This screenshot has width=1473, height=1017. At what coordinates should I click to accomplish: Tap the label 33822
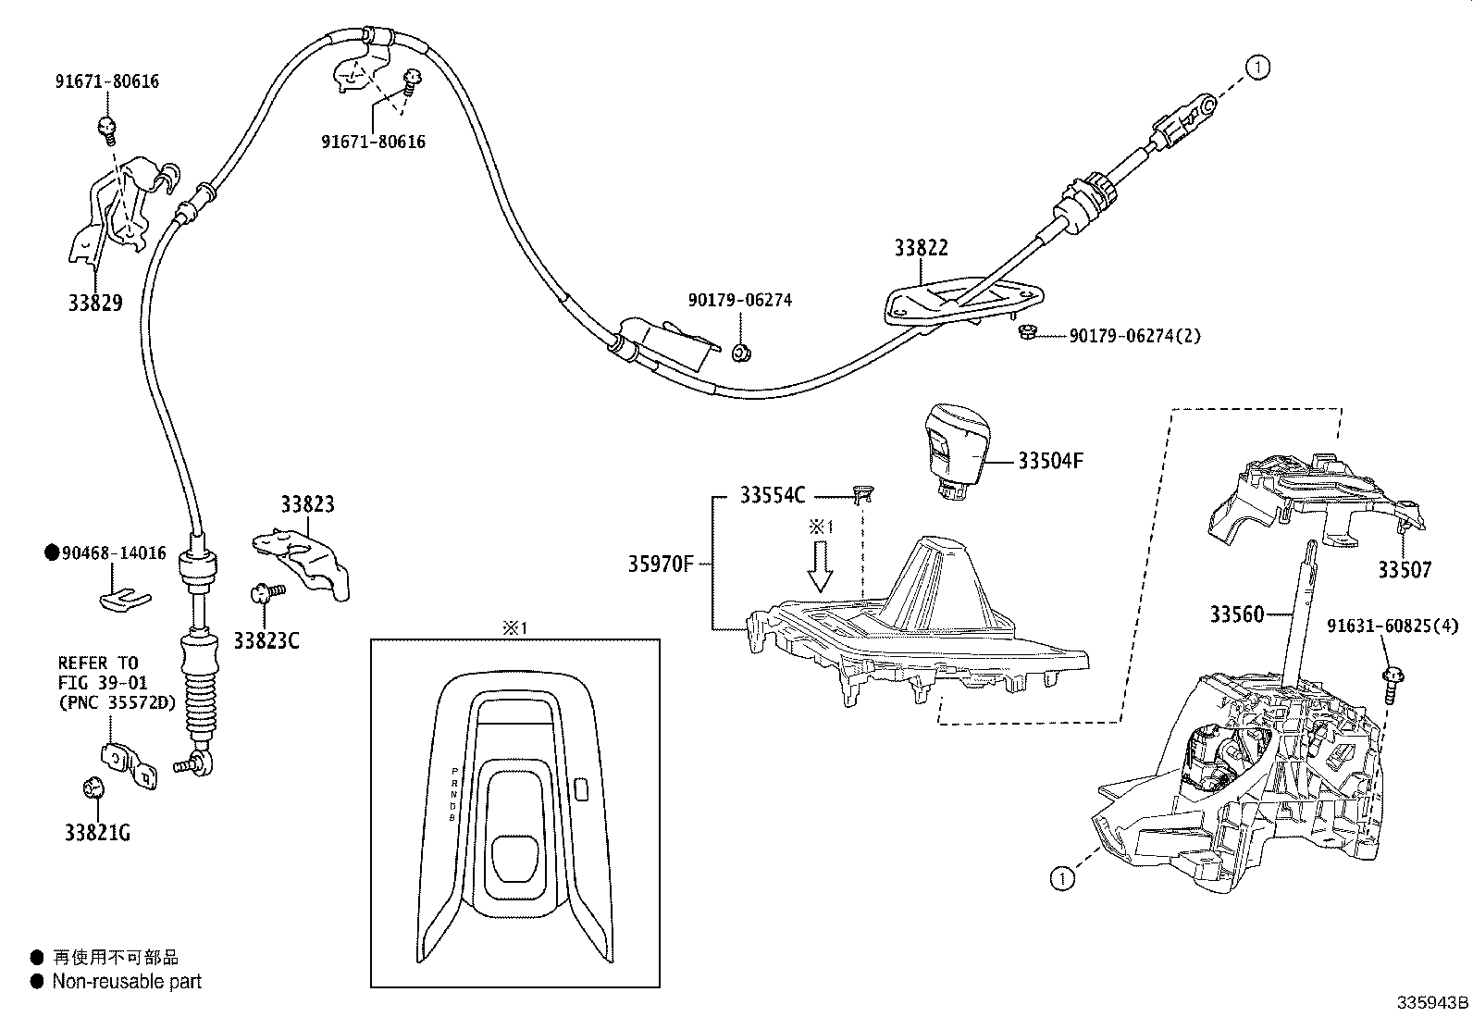click(921, 248)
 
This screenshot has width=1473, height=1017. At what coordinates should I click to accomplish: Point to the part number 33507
click(1404, 570)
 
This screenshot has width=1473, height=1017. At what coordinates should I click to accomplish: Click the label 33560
click(1236, 614)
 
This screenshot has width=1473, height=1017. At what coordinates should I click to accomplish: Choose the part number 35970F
click(660, 563)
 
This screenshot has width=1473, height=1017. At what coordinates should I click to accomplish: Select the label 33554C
click(773, 495)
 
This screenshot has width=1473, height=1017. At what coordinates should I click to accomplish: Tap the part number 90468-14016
click(114, 553)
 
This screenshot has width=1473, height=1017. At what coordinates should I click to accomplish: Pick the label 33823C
click(266, 640)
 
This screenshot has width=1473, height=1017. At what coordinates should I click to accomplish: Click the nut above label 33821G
click(93, 788)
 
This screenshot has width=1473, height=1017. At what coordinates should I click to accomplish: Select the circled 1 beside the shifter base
click(1063, 877)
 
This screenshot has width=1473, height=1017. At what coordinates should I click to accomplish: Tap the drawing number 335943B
click(1432, 1003)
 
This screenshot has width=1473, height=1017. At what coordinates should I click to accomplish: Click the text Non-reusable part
click(127, 982)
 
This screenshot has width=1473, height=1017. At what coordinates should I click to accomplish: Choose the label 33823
click(307, 504)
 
